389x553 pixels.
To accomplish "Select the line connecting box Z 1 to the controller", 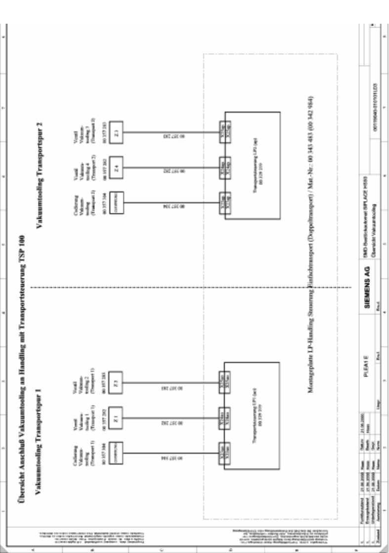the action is (171, 419).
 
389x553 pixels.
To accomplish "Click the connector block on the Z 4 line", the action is (222, 168).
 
